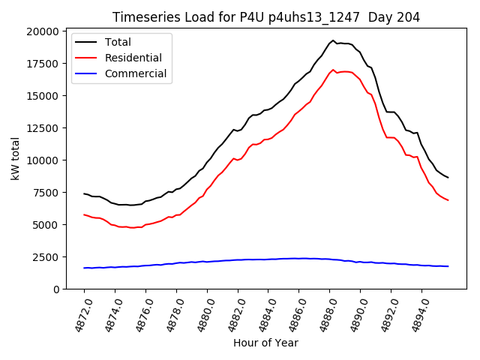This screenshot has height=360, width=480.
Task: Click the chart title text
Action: pos(266,17)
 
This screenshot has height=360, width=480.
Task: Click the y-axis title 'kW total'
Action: pos(15,160)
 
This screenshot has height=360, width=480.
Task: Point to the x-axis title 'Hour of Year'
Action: pos(265,343)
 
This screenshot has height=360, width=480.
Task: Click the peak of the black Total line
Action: pos(333,40)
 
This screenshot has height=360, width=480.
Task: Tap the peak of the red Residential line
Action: pos(333,70)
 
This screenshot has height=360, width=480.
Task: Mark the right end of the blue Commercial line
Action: pos(448,266)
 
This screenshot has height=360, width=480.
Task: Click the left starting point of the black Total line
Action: pos(84,193)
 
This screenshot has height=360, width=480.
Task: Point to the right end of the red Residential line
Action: pos(448,200)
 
